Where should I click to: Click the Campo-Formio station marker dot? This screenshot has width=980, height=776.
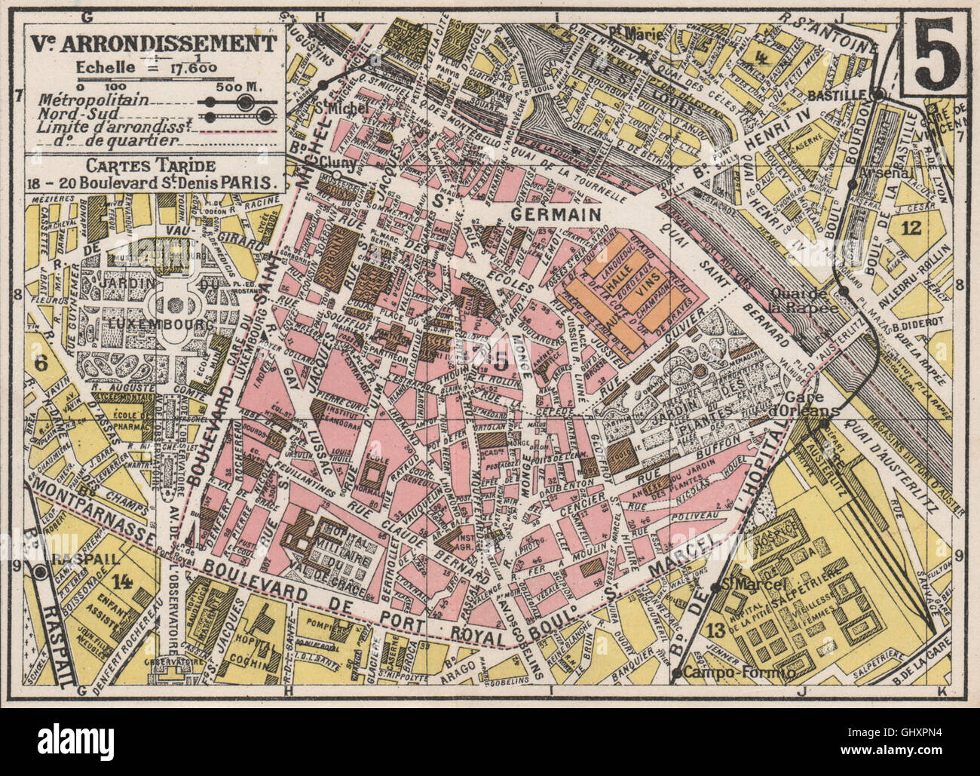click(679, 671)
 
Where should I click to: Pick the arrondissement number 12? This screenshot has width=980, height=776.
click(911, 229)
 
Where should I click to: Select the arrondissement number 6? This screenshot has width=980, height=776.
click(41, 363)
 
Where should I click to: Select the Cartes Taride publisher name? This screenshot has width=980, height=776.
click(150, 165)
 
